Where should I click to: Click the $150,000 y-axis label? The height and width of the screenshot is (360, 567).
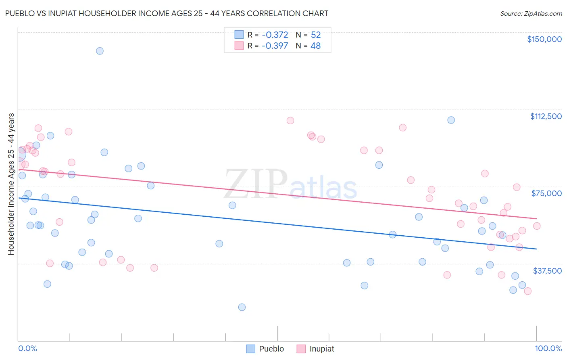coord(544,39)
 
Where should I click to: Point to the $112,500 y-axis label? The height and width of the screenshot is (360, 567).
coord(546,116)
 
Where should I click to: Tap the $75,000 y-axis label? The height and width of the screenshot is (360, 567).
coord(546,193)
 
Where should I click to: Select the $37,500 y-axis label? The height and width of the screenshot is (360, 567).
coord(547,271)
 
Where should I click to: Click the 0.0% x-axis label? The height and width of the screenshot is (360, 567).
coord(27,348)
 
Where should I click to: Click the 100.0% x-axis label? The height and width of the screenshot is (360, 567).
coord(548,348)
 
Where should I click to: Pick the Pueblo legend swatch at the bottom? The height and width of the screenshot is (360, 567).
coord(251,349)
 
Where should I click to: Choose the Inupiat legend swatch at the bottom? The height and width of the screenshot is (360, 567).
coord(301,349)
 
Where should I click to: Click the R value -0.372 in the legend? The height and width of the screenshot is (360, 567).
coord(275,35)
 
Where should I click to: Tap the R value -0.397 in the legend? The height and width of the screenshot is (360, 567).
coord(275,46)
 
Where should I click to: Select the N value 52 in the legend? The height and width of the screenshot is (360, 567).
coord(316,35)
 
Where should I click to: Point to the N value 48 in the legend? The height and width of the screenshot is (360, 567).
coord(316,46)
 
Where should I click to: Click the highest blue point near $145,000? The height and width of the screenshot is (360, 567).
coord(100,51)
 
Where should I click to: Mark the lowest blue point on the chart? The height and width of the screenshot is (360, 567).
coord(242,307)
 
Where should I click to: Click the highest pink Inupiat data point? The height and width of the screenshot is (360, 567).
coord(290,121)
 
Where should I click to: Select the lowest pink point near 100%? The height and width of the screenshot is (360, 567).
coord(527,291)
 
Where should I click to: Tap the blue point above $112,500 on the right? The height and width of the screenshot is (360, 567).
coord(451,120)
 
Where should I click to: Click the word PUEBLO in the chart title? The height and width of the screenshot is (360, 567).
coord(20,13)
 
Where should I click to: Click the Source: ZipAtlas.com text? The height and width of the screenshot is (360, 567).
coord(531,14)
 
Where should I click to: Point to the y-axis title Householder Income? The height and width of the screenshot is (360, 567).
coord(11,184)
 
